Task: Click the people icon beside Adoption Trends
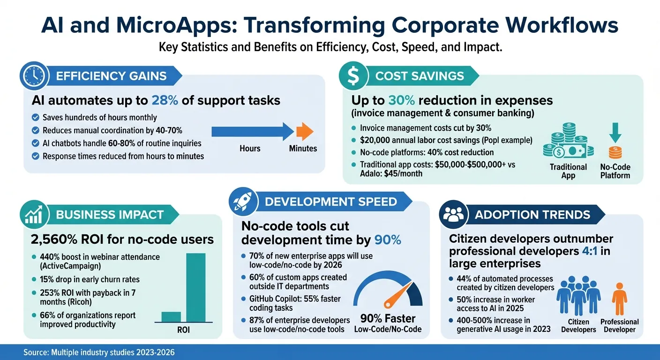pos(453,215)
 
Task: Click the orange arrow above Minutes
pos(305,132)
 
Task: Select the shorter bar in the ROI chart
pos(171,317)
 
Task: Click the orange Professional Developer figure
pos(619,300)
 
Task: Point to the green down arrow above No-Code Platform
pos(615,132)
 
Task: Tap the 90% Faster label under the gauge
pos(388,319)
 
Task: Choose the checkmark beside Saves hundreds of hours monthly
pos(35,118)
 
